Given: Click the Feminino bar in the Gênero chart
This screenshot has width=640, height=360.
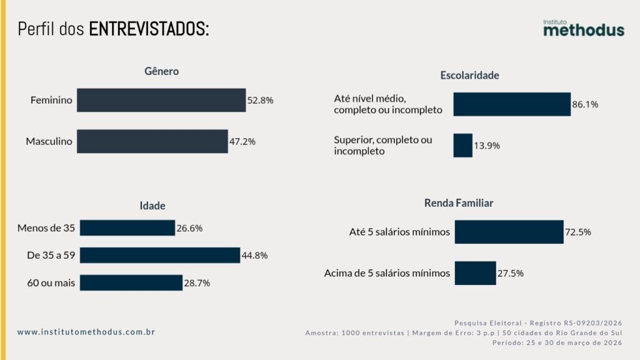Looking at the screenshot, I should pyautogui.click(x=161, y=100).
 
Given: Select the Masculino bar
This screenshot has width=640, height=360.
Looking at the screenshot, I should pyautogui.click(x=152, y=141).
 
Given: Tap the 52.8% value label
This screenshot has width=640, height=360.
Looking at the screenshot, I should pyautogui.click(x=261, y=100).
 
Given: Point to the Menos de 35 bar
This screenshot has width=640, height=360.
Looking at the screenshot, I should pyautogui.click(x=127, y=228).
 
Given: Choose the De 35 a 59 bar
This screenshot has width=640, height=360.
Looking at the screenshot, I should pyautogui.click(x=160, y=255).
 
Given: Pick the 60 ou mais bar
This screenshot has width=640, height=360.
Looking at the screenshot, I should pyautogui.click(x=131, y=282).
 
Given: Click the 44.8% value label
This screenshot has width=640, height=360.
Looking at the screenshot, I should pyautogui.click(x=255, y=256).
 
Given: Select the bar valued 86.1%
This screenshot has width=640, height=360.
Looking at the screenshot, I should pyautogui.click(x=512, y=104).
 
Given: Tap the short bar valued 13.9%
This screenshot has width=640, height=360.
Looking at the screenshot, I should pyautogui.click(x=462, y=145).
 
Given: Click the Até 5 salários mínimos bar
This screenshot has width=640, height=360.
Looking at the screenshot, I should pyautogui.click(x=509, y=232).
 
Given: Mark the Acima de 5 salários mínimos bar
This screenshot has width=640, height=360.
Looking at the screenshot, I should pyautogui.click(x=475, y=273).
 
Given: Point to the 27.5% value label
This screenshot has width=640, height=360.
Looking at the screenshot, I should pyautogui.click(x=511, y=273).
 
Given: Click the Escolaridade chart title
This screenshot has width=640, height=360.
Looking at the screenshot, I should pyautogui.click(x=469, y=76).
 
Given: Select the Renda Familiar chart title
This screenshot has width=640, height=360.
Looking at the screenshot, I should pyautogui.click(x=459, y=203).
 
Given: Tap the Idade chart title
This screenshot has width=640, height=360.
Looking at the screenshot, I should pyautogui.click(x=152, y=206).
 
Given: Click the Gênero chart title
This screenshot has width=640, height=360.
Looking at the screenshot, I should pyautogui.click(x=161, y=71).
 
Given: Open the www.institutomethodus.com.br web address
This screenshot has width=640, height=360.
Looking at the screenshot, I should pyautogui.click(x=86, y=332).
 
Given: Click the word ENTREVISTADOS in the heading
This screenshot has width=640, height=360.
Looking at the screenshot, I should pyautogui.click(x=149, y=29).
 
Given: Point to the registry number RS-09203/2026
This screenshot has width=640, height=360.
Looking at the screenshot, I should pyautogui.click(x=591, y=322).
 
